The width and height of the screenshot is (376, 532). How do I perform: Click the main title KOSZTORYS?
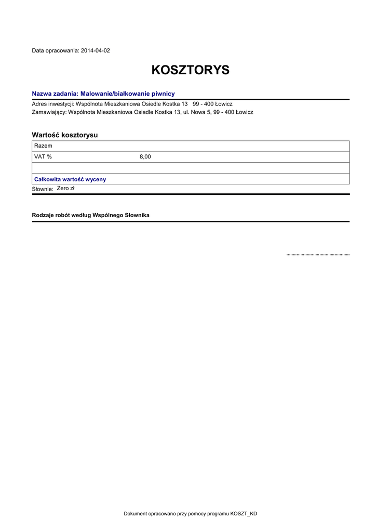click(x=190, y=70)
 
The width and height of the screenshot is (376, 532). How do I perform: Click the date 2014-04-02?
click(x=96, y=51)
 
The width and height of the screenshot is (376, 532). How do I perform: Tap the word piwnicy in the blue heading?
click(x=163, y=94)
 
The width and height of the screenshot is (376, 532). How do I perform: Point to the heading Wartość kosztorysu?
click(x=65, y=135)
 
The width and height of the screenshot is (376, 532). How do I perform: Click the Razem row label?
click(x=43, y=146)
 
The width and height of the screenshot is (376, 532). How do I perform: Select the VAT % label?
click(x=43, y=157)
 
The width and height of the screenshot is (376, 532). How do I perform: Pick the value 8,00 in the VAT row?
click(x=145, y=157)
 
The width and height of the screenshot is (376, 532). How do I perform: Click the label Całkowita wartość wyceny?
click(x=70, y=179)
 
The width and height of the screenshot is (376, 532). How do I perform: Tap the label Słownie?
click(x=43, y=190)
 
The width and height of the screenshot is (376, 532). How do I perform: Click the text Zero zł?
click(x=66, y=189)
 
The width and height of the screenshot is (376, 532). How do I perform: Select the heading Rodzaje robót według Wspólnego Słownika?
click(x=91, y=215)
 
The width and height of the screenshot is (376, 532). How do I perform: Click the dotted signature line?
click(x=318, y=255)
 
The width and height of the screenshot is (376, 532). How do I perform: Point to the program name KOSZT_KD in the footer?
click(x=244, y=514)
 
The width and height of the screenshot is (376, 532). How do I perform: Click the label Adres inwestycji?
click(x=53, y=104)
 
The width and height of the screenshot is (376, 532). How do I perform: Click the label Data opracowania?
click(x=56, y=51)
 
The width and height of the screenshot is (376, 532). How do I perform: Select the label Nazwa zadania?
click(x=55, y=94)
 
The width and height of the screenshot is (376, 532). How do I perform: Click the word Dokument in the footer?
click(x=136, y=514)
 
